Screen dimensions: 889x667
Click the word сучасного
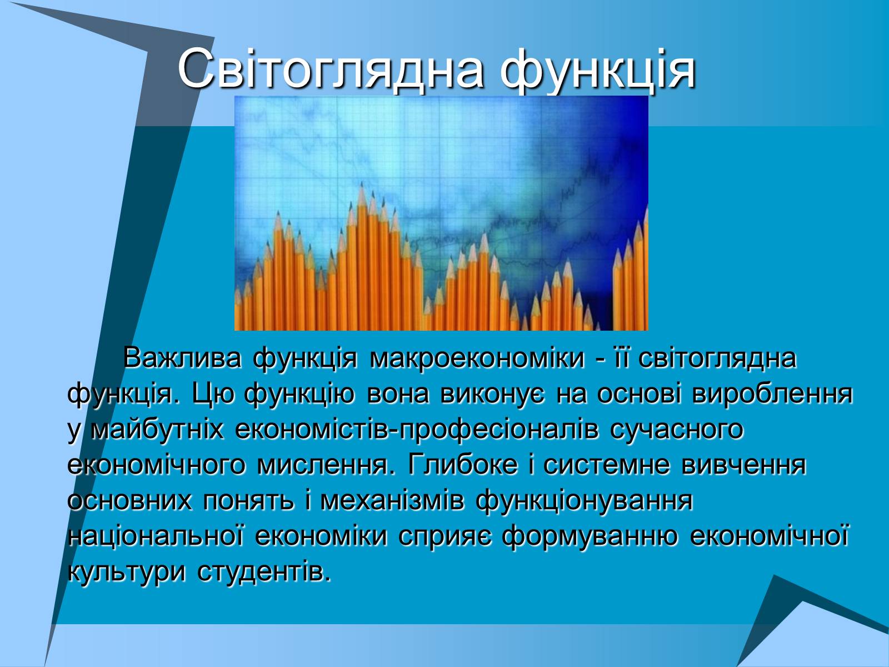coord(677,431)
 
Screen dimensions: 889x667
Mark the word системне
coord(607,466)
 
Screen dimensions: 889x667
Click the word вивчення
coord(744,466)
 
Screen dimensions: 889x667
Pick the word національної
coord(156,536)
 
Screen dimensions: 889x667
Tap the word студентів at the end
coord(264,573)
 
